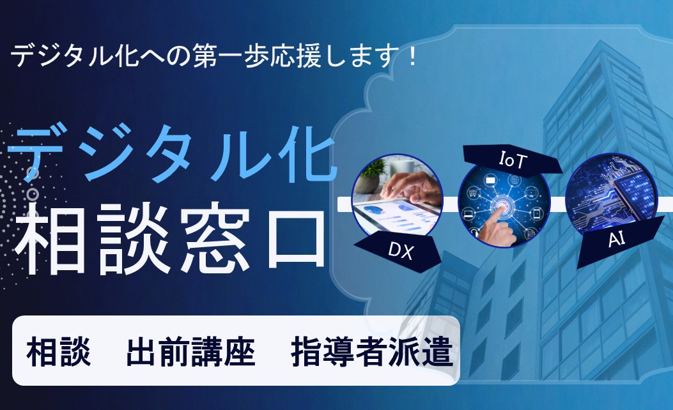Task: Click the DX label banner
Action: coord(398,252)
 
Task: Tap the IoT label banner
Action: coord(512,160)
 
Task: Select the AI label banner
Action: coord(620,241)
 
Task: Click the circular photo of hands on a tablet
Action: coord(398,197)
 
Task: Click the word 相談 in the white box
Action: coord(59,352)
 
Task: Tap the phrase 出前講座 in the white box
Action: coord(191,352)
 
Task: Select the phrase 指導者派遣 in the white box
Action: coord(372,352)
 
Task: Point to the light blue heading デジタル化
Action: coord(172,152)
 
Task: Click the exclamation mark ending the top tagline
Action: coord(413,57)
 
